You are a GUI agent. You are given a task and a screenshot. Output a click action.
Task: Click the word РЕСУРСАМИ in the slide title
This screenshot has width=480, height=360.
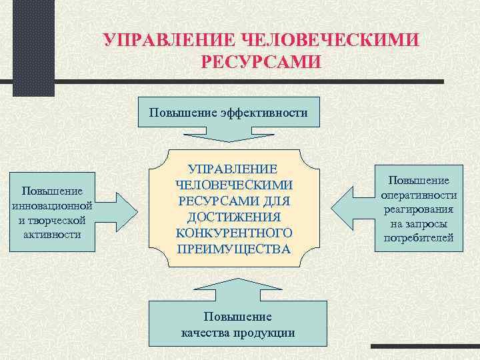[x=261, y=61]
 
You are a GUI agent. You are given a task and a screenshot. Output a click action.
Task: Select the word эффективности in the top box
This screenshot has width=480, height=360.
[x=267, y=113]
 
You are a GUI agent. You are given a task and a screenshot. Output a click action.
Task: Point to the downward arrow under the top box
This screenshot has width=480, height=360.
[x=229, y=136]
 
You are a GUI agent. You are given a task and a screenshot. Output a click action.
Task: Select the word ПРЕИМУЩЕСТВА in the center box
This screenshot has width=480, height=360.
[x=234, y=249]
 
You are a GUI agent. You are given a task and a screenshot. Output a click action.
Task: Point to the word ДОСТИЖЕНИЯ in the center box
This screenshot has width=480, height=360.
[x=234, y=217]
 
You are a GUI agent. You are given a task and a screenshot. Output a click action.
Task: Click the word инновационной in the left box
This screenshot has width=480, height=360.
[x=52, y=205]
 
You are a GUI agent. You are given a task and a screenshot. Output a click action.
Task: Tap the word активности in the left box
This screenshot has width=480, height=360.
[x=52, y=234]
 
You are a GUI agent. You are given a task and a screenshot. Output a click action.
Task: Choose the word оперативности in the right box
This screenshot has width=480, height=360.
[x=419, y=195]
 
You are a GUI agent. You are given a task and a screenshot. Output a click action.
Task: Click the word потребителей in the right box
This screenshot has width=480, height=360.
[x=419, y=237]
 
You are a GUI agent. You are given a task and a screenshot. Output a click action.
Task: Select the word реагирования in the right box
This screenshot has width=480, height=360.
[x=419, y=209]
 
